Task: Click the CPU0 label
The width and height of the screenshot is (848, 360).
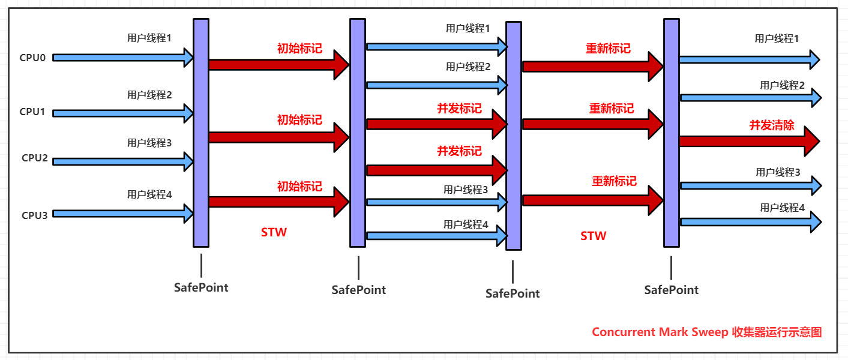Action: pos(33,58)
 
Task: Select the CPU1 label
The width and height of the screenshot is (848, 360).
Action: pos(32,112)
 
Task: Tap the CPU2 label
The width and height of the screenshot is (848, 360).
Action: pos(34,158)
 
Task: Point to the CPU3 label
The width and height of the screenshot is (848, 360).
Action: pos(34,214)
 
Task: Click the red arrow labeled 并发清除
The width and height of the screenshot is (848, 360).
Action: pos(747,142)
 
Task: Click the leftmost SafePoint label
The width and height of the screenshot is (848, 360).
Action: pos(201,287)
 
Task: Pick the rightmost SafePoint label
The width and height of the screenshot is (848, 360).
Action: pos(671,290)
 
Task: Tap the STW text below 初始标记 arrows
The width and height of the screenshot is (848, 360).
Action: pos(274,233)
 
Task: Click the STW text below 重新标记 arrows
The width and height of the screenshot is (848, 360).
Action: pos(593,236)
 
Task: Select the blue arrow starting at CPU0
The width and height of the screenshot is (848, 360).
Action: pos(120,58)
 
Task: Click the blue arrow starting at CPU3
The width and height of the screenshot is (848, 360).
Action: pos(120,213)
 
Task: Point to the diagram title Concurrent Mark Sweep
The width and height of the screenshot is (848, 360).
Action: pos(706,332)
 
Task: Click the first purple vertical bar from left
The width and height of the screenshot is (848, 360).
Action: pos(201,132)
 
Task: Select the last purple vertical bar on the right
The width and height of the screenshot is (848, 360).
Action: pos(671,132)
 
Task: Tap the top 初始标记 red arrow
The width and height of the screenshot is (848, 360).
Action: pos(276,65)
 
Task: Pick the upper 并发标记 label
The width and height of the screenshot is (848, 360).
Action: pos(459,109)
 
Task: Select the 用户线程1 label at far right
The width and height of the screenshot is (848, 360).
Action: pos(777,38)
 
